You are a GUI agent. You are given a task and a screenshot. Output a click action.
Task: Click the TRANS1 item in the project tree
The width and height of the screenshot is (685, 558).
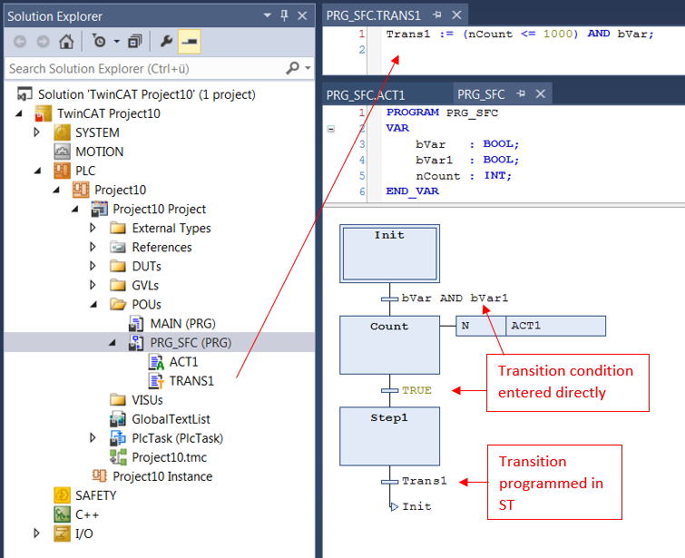(x=191, y=381)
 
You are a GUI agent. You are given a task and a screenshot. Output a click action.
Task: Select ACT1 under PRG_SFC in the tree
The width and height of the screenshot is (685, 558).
(x=183, y=362)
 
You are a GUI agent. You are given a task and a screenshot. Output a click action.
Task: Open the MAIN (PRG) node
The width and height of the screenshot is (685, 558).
(x=182, y=324)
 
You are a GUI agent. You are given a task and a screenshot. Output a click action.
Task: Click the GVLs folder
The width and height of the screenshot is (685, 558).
(x=145, y=285)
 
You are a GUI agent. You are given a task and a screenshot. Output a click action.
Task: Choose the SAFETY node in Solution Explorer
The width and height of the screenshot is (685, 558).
(x=95, y=495)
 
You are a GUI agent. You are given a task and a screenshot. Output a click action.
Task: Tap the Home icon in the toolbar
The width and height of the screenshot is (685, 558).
(x=66, y=42)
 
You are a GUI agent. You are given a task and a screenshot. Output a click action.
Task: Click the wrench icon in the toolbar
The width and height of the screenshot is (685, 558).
(x=166, y=42)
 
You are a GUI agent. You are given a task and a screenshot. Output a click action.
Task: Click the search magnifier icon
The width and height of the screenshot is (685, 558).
(x=292, y=68)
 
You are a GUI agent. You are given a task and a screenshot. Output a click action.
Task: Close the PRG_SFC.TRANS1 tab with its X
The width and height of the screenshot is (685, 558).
(x=456, y=15)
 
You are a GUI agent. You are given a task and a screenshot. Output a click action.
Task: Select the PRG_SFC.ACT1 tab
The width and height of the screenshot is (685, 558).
(x=366, y=95)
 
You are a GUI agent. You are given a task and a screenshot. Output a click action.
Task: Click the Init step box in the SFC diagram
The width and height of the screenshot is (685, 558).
(x=390, y=253)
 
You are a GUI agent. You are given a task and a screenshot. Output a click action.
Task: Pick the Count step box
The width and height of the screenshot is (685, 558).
(x=390, y=345)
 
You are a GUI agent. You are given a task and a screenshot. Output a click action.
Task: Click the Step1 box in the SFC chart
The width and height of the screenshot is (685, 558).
(x=390, y=436)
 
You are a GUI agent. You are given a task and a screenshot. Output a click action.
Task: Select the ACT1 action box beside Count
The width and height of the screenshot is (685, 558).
(x=555, y=326)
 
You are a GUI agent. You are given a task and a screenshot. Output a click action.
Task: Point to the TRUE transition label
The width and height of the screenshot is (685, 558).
(x=416, y=390)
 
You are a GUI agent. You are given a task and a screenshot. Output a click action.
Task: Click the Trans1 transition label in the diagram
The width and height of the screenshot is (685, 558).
(x=425, y=481)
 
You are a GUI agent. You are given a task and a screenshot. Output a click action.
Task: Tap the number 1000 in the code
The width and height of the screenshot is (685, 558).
(x=557, y=34)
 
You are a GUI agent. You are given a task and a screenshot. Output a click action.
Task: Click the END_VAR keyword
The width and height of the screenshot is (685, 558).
(x=413, y=191)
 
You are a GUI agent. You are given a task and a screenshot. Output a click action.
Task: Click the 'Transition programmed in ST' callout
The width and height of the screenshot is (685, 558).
(x=554, y=483)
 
